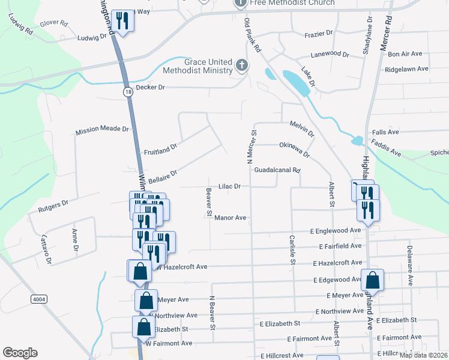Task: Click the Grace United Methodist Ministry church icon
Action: tap(242, 65)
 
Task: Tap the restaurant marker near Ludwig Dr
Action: tap(122, 21)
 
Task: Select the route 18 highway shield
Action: tap(128, 92)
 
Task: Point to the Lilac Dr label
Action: tap(229, 187)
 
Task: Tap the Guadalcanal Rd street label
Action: tap(277, 170)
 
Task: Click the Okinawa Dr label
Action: tap(294, 149)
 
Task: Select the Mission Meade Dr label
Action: tap(102, 130)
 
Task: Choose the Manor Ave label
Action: tap(231, 218)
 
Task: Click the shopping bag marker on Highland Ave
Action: tap(372, 280)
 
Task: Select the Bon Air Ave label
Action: tap(406, 54)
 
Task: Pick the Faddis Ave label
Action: tap(386, 149)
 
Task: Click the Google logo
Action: tap(20, 353)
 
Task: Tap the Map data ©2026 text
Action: tap(423, 355)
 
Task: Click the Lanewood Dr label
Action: tap(330, 54)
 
